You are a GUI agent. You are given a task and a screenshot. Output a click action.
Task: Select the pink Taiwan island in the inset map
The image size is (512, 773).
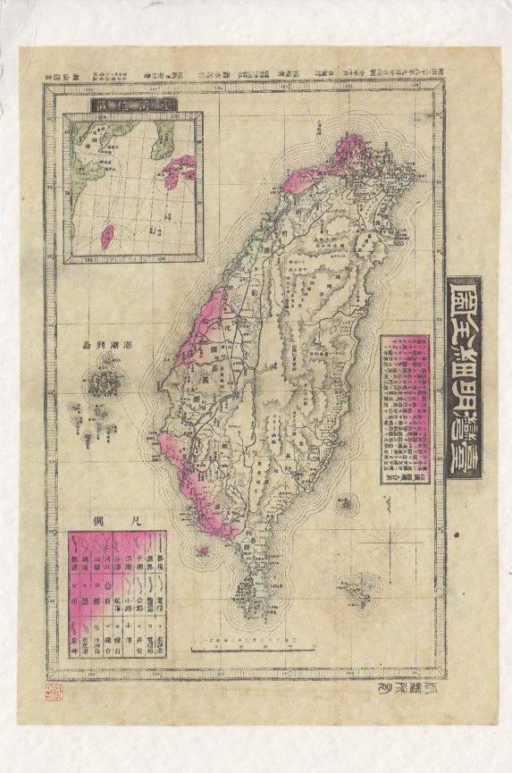(106, 234)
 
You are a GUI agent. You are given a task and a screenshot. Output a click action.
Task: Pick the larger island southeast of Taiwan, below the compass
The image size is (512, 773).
(356, 589)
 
